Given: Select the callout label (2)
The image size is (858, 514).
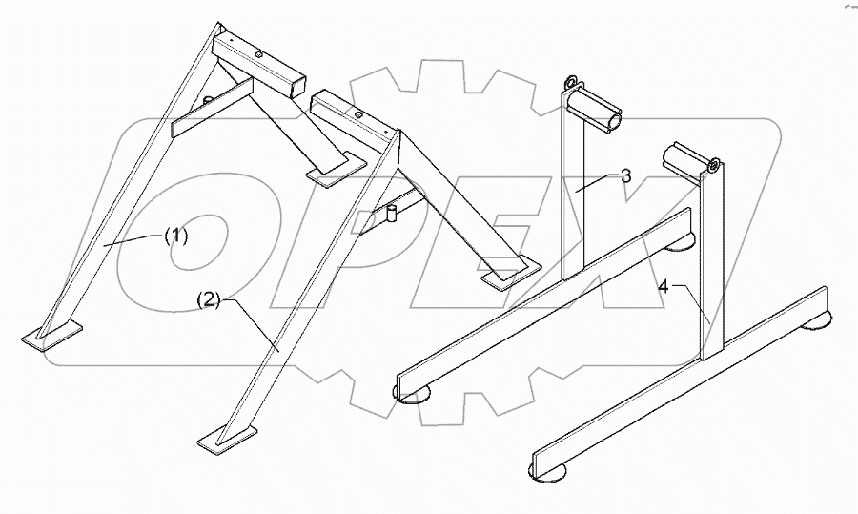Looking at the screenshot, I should [210, 300].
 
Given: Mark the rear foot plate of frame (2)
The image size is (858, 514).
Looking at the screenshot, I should [509, 277].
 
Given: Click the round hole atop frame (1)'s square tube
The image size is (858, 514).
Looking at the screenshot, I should [258, 54].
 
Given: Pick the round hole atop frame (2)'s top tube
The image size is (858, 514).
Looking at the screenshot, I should [357, 113].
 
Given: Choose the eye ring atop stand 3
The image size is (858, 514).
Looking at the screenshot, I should [573, 82].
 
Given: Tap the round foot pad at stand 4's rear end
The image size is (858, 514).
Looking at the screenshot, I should [819, 327].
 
